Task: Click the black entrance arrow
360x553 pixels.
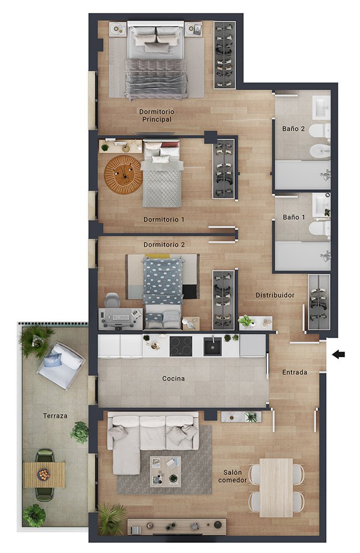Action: tap(338, 354)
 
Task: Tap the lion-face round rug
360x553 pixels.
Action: tap(123, 174)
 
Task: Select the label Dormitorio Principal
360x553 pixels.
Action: tap(157, 115)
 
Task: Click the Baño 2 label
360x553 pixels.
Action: tap(294, 129)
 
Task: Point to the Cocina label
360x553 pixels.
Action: tap(173, 379)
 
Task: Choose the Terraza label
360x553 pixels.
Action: tap(55, 416)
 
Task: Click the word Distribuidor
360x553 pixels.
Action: tap(275, 295)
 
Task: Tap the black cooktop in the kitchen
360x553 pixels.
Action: tap(181, 346)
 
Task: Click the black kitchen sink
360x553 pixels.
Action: tap(213, 346)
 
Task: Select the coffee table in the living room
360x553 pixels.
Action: tap(166, 472)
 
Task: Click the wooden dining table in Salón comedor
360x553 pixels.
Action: tap(276, 488)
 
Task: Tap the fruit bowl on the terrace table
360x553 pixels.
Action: tap(44, 474)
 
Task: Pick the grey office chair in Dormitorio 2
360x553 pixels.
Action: tap(112, 300)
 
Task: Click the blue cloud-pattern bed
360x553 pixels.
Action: tap(163, 281)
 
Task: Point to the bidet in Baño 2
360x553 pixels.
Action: tap(320, 152)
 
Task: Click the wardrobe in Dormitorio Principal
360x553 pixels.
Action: tap(225, 55)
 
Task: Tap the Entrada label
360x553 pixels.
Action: tap(295, 372)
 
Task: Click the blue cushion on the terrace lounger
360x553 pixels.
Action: tap(53, 360)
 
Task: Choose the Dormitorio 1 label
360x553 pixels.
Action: tap(164, 219)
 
